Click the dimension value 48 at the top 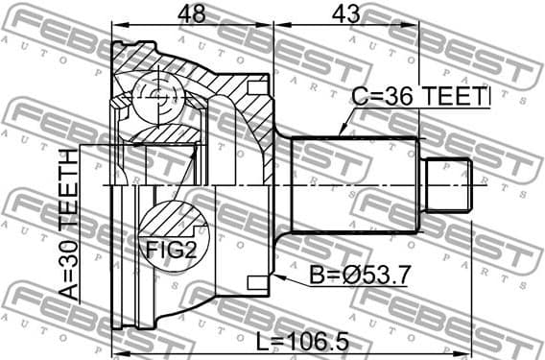(x=193, y=13)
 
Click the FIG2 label (x=172, y=251)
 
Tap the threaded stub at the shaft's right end (x=448, y=186)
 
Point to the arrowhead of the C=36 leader (x=342, y=133)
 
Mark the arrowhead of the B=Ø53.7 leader (x=274, y=276)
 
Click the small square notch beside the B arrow (x=256, y=282)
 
